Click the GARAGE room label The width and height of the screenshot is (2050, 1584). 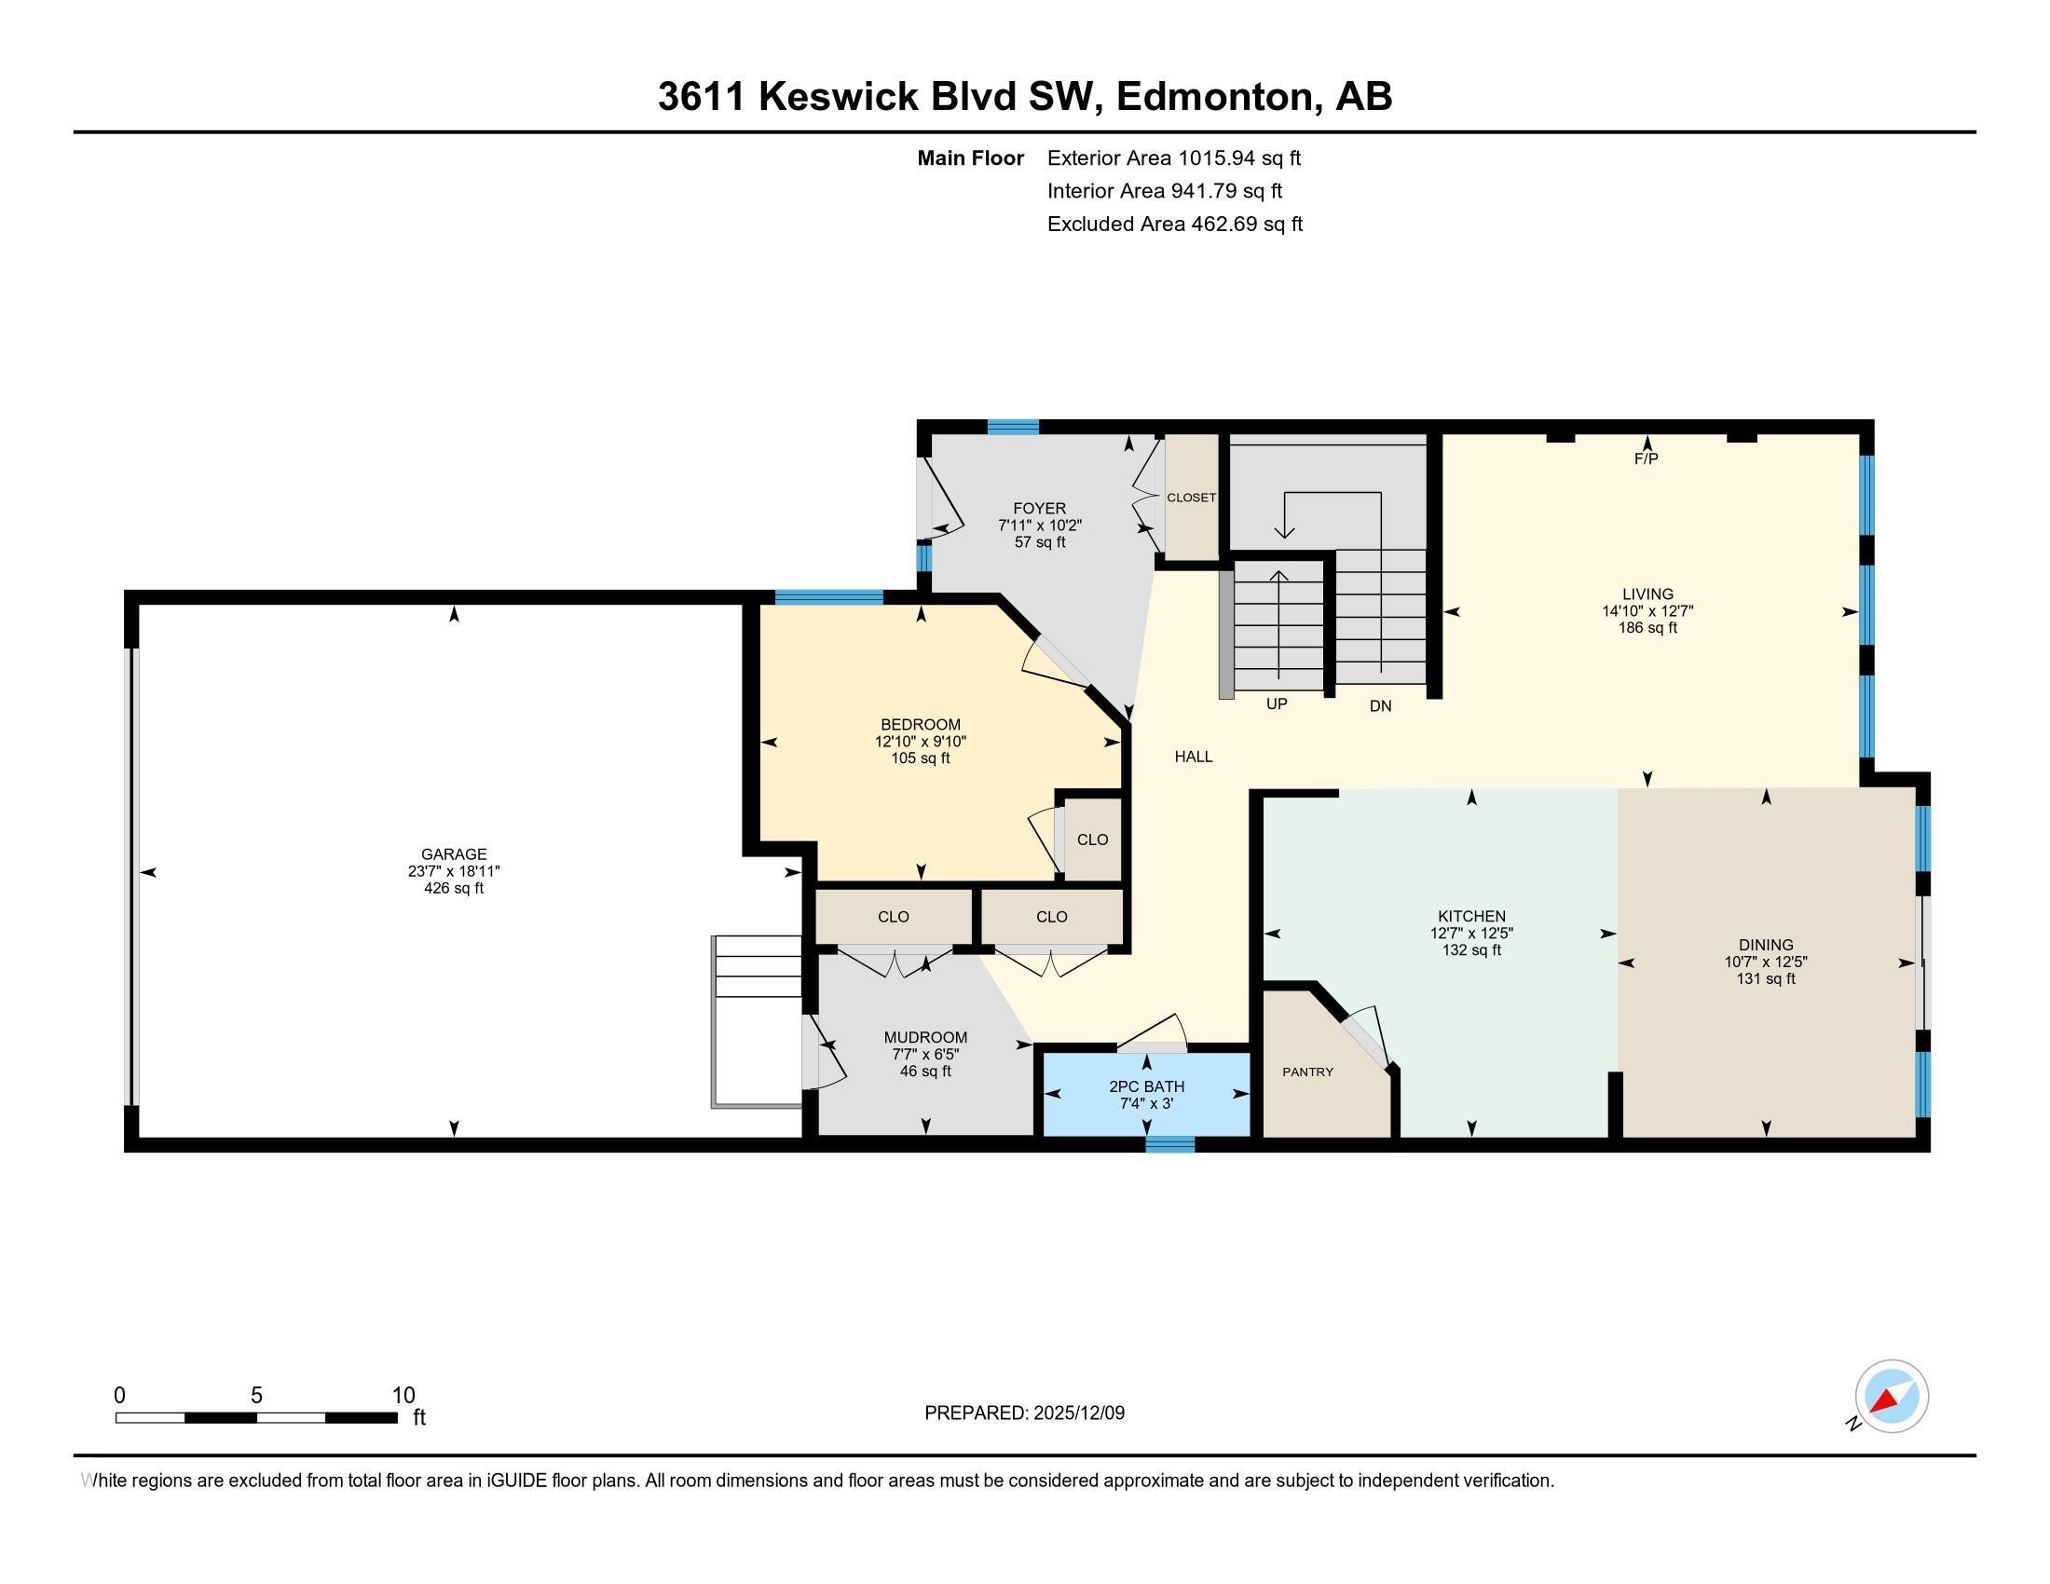[454, 853]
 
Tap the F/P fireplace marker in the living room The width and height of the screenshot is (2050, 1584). [1647, 458]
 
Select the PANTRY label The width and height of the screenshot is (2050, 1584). [1307, 1072]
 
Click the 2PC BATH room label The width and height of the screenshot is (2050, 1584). [1146, 1086]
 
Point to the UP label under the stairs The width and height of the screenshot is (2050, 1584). [1277, 703]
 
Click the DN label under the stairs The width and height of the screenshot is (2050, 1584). [1380, 705]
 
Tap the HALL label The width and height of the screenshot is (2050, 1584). [1193, 757]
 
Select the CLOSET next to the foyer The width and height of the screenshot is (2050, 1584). [1191, 498]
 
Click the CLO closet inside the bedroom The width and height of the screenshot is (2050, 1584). [1092, 840]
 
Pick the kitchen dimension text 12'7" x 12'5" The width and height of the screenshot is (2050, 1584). [1470, 933]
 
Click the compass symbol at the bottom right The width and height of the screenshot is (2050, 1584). [1892, 1396]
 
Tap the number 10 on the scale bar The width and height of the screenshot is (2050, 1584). [403, 1396]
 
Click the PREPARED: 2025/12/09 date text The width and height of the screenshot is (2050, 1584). [1024, 1413]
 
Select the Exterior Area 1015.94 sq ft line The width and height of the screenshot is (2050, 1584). [1173, 157]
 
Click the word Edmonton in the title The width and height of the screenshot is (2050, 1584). [1215, 97]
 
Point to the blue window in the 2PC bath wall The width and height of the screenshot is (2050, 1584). [1169, 1144]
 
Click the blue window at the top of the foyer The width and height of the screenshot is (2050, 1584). [1013, 427]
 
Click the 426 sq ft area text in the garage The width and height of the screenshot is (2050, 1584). [454, 888]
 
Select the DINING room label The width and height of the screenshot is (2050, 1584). [1765, 945]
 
